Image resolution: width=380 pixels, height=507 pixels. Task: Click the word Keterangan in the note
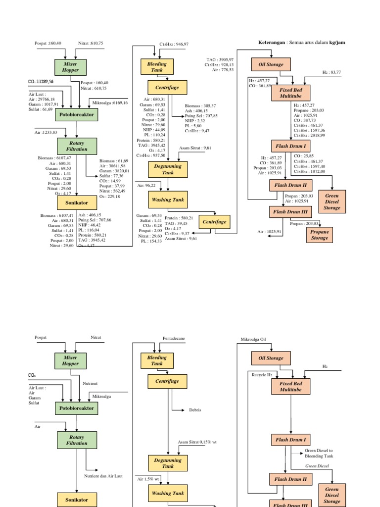pyautogui.click(x=272, y=43)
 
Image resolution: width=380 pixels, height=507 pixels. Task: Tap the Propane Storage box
pyautogui.click(x=319, y=235)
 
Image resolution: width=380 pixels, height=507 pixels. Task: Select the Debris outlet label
pyautogui.click(x=195, y=410)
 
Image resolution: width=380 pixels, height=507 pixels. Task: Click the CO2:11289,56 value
pyautogui.click(x=48, y=81)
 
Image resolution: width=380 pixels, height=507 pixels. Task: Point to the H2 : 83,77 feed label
pyautogui.click(x=332, y=72)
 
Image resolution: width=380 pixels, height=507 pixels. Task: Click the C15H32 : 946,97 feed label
pyautogui.click(x=174, y=44)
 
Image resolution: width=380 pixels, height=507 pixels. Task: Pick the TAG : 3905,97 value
pyautogui.click(x=220, y=59)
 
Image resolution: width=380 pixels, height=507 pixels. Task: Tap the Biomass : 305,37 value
pyautogui.click(x=200, y=105)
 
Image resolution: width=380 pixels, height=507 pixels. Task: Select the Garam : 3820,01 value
pyautogui.click(x=114, y=171)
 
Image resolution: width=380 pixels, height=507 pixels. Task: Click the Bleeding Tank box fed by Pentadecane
pyautogui.click(x=157, y=360)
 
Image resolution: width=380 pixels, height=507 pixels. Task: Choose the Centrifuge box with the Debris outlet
pyautogui.click(x=167, y=382)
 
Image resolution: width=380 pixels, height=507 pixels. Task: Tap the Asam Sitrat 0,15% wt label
pyautogui.click(x=197, y=442)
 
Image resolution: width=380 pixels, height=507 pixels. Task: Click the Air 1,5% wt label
pyautogui.click(x=148, y=479)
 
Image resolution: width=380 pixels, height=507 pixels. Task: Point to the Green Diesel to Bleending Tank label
pyautogui.click(x=319, y=453)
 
